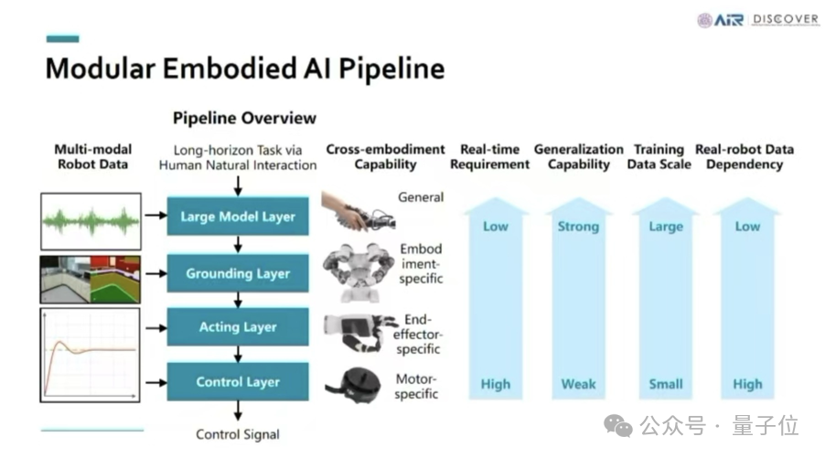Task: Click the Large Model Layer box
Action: (x=238, y=218)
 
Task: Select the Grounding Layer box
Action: (x=238, y=273)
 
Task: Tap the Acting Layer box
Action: (x=238, y=327)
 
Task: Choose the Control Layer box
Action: (x=238, y=382)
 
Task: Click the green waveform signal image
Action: (x=91, y=220)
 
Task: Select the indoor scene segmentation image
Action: (x=91, y=279)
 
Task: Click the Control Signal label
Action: (x=238, y=434)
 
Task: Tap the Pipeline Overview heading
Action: (x=244, y=118)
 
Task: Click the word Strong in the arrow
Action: (x=578, y=227)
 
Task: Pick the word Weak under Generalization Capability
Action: (x=578, y=384)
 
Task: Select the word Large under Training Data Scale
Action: (x=665, y=227)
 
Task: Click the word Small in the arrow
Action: (x=665, y=384)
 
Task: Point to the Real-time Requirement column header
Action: (x=495, y=156)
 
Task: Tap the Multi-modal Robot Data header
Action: (x=92, y=156)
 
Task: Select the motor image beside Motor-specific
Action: (x=352, y=383)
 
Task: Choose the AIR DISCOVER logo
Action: (x=757, y=19)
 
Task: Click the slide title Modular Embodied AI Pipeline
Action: (x=244, y=69)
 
